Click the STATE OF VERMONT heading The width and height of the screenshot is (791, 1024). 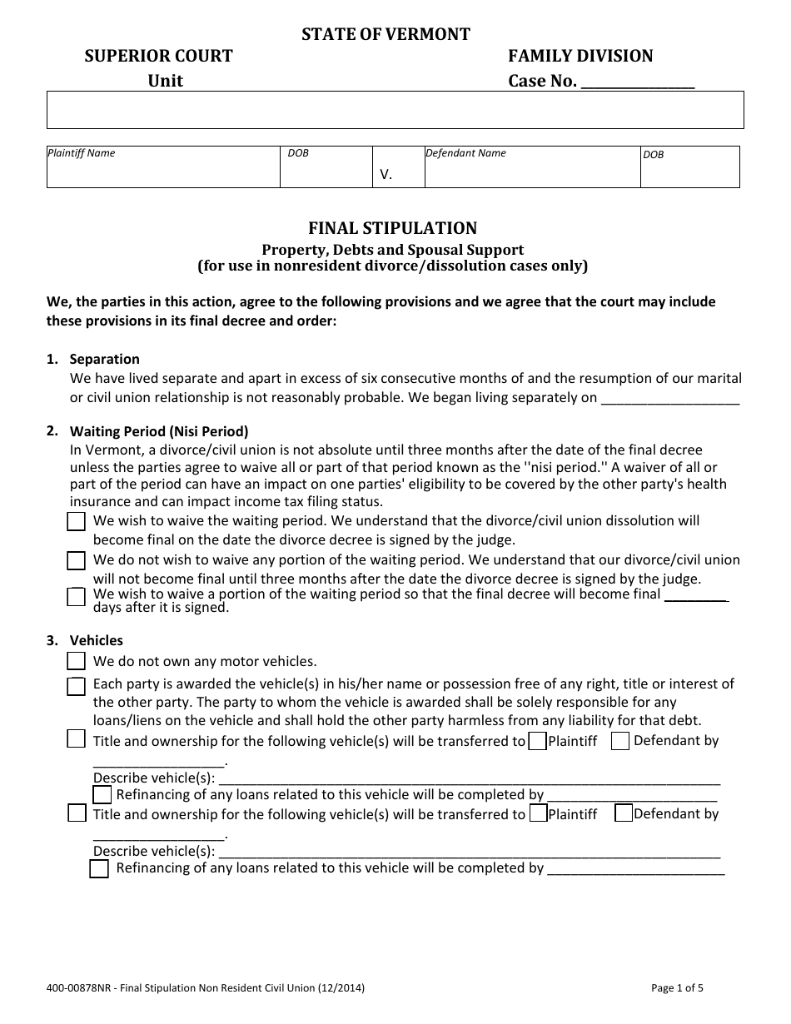click(x=386, y=34)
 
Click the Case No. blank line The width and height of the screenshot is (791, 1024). click(x=637, y=82)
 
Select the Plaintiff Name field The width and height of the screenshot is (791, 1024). click(x=163, y=170)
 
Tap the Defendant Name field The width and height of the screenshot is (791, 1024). click(x=530, y=170)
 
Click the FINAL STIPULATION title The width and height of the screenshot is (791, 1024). click(x=393, y=228)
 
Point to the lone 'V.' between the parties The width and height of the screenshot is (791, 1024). click(x=386, y=175)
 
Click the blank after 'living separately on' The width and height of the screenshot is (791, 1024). click(x=669, y=398)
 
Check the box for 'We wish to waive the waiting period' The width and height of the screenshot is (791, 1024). click(x=76, y=522)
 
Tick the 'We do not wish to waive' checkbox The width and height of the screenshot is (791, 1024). click(x=76, y=560)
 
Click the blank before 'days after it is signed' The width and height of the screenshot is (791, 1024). click(x=697, y=595)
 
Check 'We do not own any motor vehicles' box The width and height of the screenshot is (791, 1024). click(x=76, y=662)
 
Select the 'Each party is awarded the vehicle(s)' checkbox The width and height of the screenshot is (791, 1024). click(x=76, y=687)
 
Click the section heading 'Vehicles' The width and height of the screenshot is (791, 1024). click(x=97, y=640)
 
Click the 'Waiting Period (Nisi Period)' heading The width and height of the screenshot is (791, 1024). click(x=159, y=432)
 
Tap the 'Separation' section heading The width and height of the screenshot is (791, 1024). click(x=105, y=359)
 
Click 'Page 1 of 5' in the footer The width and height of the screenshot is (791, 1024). click(x=677, y=989)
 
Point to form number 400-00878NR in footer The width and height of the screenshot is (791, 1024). click(x=74, y=989)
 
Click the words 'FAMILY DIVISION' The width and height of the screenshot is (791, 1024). click(x=580, y=56)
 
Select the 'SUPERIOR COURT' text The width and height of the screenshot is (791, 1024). click(x=158, y=56)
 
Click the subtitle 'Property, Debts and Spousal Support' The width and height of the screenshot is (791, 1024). click(x=393, y=250)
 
